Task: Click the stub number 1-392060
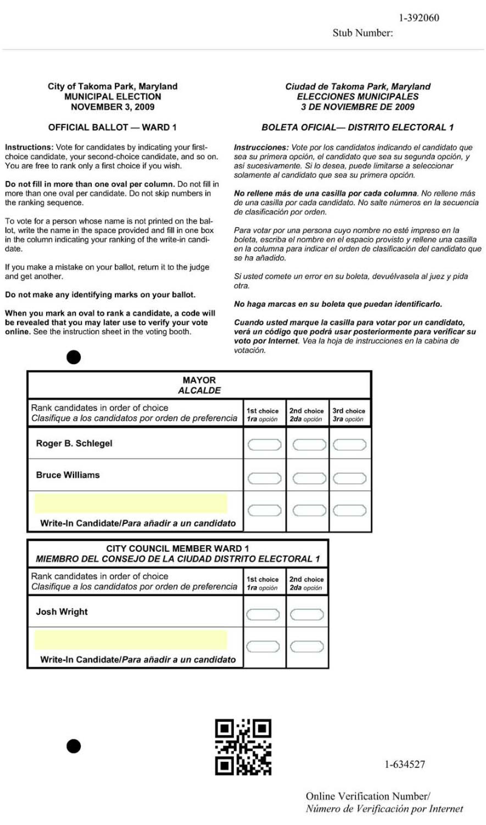tap(419, 18)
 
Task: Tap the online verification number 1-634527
tap(405, 764)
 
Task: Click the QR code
tap(243, 747)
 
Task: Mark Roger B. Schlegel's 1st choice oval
tap(264, 445)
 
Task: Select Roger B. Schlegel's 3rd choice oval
tap(349, 445)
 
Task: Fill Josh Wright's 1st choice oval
tap(264, 614)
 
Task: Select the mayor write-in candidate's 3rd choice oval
tap(349, 510)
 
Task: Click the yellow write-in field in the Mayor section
tap(131, 504)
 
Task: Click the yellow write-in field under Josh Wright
tap(131, 640)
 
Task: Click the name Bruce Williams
tap(67, 475)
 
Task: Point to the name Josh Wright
tap(61, 612)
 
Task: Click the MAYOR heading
tap(199, 381)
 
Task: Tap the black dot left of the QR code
tap(74, 746)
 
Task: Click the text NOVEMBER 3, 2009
tap(112, 107)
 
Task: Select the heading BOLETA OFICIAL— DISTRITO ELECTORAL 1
tap(357, 127)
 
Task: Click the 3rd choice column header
tap(349, 415)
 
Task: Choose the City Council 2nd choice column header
tap(307, 583)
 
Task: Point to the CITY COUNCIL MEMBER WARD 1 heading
tap(177, 548)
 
